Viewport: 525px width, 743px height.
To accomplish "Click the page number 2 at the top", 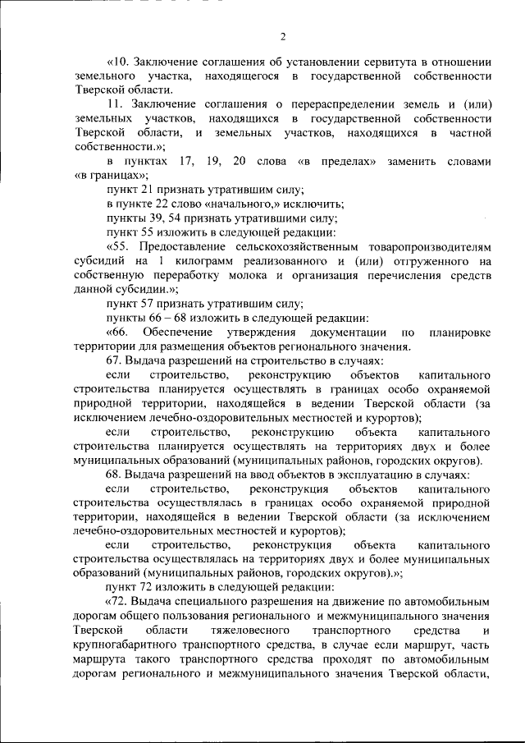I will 281,36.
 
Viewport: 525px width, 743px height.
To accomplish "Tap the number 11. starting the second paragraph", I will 115,105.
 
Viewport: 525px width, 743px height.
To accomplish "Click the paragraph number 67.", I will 115,360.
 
